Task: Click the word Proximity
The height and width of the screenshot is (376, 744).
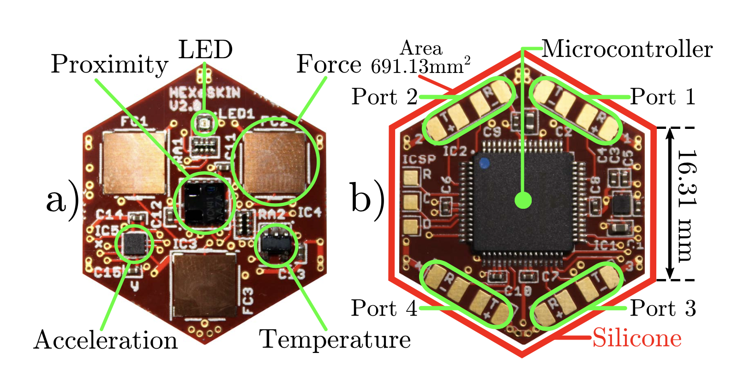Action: pyautogui.click(x=109, y=64)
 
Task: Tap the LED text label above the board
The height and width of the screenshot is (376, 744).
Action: pyautogui.click(x=205, y=50)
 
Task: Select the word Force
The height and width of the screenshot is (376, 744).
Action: pyautogui.click(x=328, y=64)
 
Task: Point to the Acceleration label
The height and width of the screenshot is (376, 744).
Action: pyautogui.click(x=106, y=340)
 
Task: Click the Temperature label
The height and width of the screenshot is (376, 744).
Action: pyautogui.click(x=335, y=340)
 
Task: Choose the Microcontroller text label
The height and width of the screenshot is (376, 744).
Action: pyautogui.click(x=627, y=49)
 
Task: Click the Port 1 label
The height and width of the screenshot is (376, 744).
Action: pyautogui.click(x=663, y=97)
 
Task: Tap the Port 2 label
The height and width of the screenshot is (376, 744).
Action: pyautogui.click(x=384, y=97)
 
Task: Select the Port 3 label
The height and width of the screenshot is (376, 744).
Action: pyautogui.click(x=663, y=308)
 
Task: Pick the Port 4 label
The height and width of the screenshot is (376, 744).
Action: pyautogui.click(x=384, y=308)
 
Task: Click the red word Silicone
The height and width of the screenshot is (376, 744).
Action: pyautogui.click(x=637, y=338)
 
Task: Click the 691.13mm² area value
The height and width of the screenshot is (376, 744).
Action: pyautogui.click(x=420, y=67)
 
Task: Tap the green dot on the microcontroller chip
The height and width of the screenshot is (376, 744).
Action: pyautogui.click(x=523, y=200)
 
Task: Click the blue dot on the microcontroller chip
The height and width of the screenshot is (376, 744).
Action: pyautogui.click(x=484, y=163)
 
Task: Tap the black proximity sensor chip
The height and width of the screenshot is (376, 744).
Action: pyautogui.click(x=205, y=203)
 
